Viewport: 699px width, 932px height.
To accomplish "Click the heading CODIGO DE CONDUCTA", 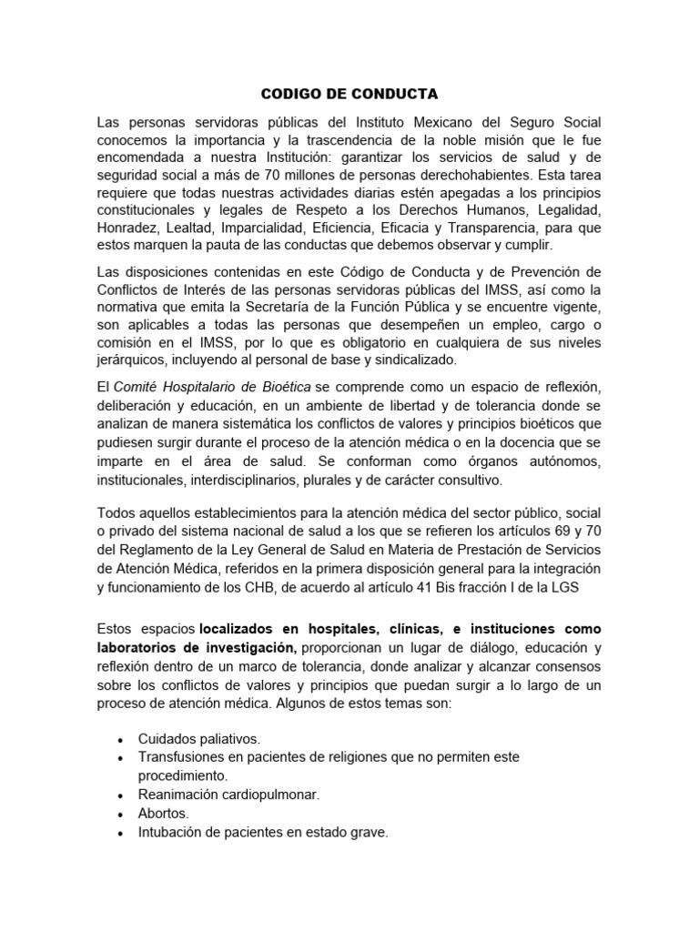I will (349, 94).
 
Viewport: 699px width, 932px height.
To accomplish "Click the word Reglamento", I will (157, 550).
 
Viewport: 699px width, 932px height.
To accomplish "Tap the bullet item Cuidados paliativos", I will (198, 739).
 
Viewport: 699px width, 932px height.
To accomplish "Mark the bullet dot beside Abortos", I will (120, 815).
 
